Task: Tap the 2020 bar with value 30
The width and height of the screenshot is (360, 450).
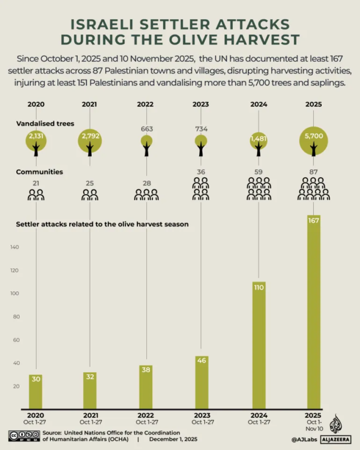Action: tap(36, 391)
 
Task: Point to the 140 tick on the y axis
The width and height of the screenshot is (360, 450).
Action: tap(15, 247)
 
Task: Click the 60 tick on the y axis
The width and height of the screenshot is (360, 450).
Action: tap(15, 340)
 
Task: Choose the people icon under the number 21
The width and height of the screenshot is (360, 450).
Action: tap(36, 195)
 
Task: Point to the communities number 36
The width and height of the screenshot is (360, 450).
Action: tap(201, 172)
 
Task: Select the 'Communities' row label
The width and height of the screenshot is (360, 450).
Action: tap(39, 172)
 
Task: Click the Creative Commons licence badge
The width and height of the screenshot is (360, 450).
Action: tap(23, 435)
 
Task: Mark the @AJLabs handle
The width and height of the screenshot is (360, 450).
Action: tap(302, 439)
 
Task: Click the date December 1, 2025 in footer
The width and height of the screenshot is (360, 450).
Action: tap(173, 439)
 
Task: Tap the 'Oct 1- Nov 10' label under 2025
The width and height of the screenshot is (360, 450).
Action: tap(313, 425)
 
